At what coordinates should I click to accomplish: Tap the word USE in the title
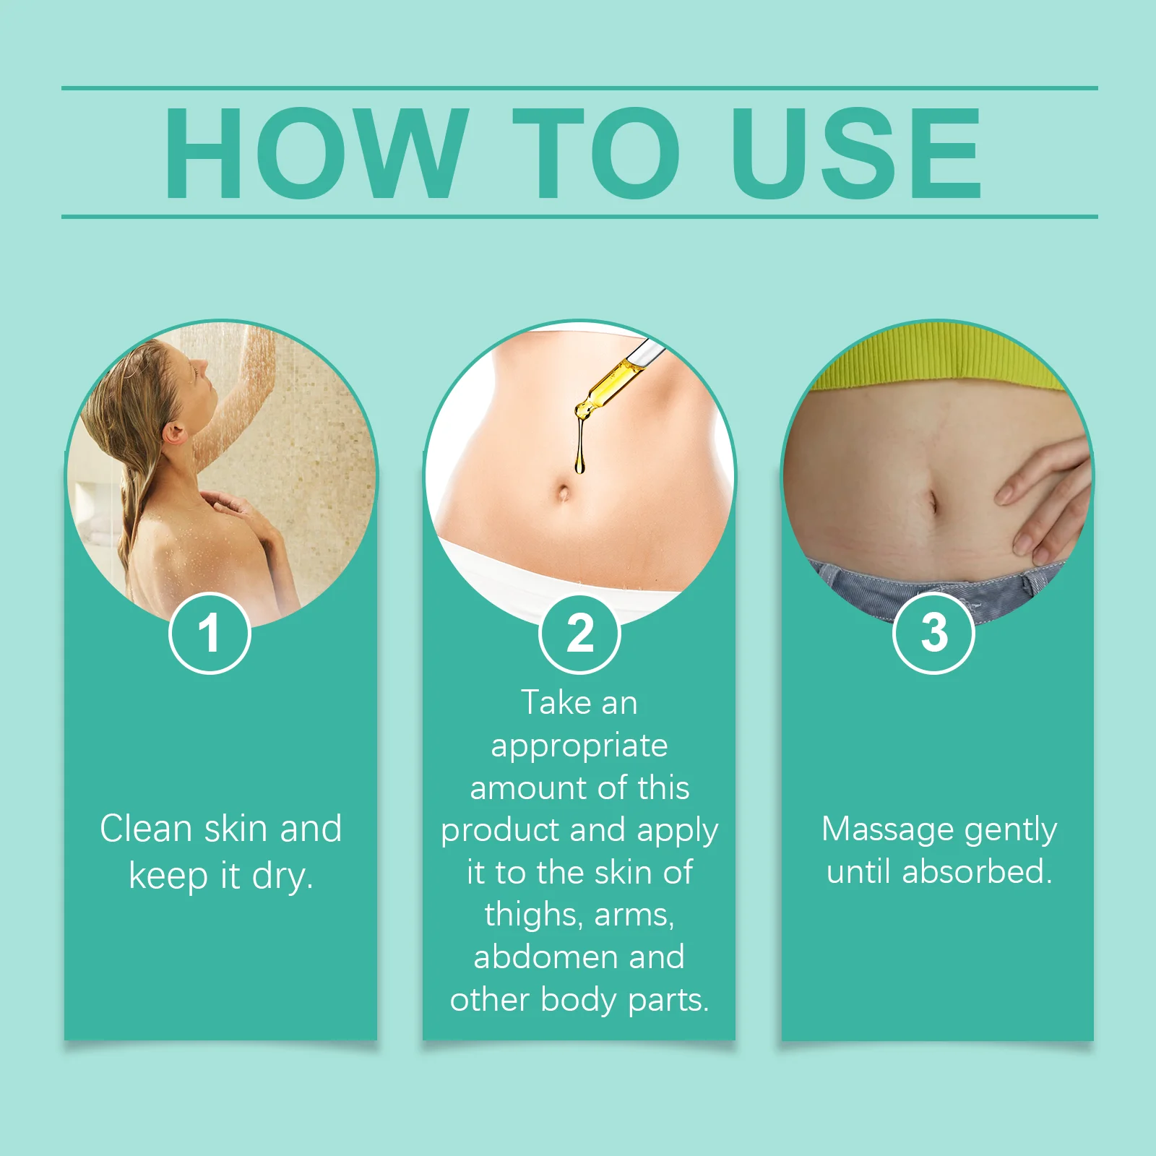pos(855,153)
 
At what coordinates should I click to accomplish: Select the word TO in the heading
pos(595,153)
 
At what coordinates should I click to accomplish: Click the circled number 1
pos(210,634)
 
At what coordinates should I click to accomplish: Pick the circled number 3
pos(933,634)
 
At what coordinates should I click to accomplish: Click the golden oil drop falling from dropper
pos(579,462)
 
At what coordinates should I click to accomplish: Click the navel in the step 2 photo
pos(564,493)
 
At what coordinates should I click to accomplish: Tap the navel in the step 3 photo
pos(933,502)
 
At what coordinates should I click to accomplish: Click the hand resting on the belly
pos(1048,499)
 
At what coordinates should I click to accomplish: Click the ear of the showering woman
pos(173,433)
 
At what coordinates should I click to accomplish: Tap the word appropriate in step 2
pos(579,746)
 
